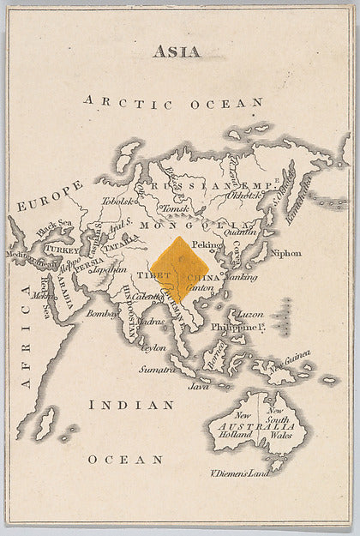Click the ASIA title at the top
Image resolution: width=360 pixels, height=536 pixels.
[x=177, y=51]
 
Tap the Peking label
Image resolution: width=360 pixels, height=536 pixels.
[x=207, y=244]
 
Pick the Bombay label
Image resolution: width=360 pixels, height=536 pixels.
[x=102, y=314]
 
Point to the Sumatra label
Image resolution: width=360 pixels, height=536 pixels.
[x=159, y=369]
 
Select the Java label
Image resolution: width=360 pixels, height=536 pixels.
[x=199, y=386]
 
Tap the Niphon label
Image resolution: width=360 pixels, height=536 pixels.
[x=285, y=253]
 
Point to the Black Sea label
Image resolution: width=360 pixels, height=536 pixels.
[x=54, y=223]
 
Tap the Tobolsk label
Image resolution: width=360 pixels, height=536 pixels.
[x=119, y=202]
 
